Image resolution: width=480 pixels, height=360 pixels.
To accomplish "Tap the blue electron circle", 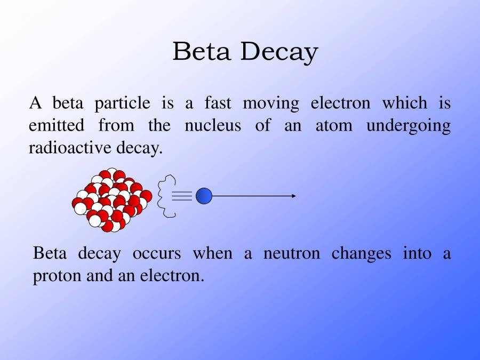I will [204, 196].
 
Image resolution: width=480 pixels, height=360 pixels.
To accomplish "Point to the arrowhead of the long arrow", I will [293, 196].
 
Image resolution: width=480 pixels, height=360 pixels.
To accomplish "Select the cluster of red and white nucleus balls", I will [112, 200].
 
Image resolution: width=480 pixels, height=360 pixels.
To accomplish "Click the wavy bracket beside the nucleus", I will [166, 196].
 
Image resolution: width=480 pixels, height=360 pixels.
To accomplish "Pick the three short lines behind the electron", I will [182, 196].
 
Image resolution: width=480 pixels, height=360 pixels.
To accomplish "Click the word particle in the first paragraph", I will [122, 103].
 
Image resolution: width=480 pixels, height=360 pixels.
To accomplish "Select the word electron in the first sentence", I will [340, 103].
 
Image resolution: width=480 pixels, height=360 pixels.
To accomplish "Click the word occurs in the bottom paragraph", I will [157, 254].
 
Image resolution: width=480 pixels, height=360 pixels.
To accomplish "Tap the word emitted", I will [56, 126].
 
